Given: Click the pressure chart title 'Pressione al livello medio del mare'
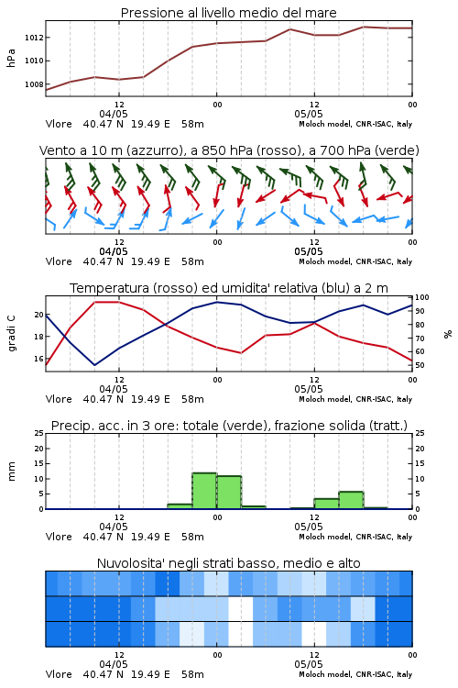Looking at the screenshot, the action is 228,13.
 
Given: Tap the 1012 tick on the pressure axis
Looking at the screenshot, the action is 34,38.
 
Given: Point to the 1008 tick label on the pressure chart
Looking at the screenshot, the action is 34,84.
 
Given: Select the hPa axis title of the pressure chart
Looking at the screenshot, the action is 11,58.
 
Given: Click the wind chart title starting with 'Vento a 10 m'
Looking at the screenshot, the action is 229,150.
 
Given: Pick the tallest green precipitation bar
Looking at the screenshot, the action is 204,491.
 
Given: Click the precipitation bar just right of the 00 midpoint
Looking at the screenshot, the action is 229,493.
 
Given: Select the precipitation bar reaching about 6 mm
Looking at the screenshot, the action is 351,500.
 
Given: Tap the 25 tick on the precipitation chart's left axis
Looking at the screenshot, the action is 39,433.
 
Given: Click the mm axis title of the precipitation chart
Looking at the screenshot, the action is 11,472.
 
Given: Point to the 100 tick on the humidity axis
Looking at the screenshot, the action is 422,297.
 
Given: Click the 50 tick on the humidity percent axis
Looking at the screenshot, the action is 420,365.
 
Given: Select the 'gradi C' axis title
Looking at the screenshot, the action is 11,334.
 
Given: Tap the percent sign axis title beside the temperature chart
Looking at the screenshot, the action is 448,334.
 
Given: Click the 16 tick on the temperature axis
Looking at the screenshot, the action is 39,359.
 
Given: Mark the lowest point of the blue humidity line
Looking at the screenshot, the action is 94,365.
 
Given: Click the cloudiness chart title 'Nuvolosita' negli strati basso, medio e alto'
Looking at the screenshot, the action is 228,563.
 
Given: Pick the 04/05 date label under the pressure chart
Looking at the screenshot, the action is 114,114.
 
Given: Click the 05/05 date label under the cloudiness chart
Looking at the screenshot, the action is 309,664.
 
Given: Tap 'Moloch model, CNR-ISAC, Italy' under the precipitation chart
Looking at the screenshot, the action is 355,537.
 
